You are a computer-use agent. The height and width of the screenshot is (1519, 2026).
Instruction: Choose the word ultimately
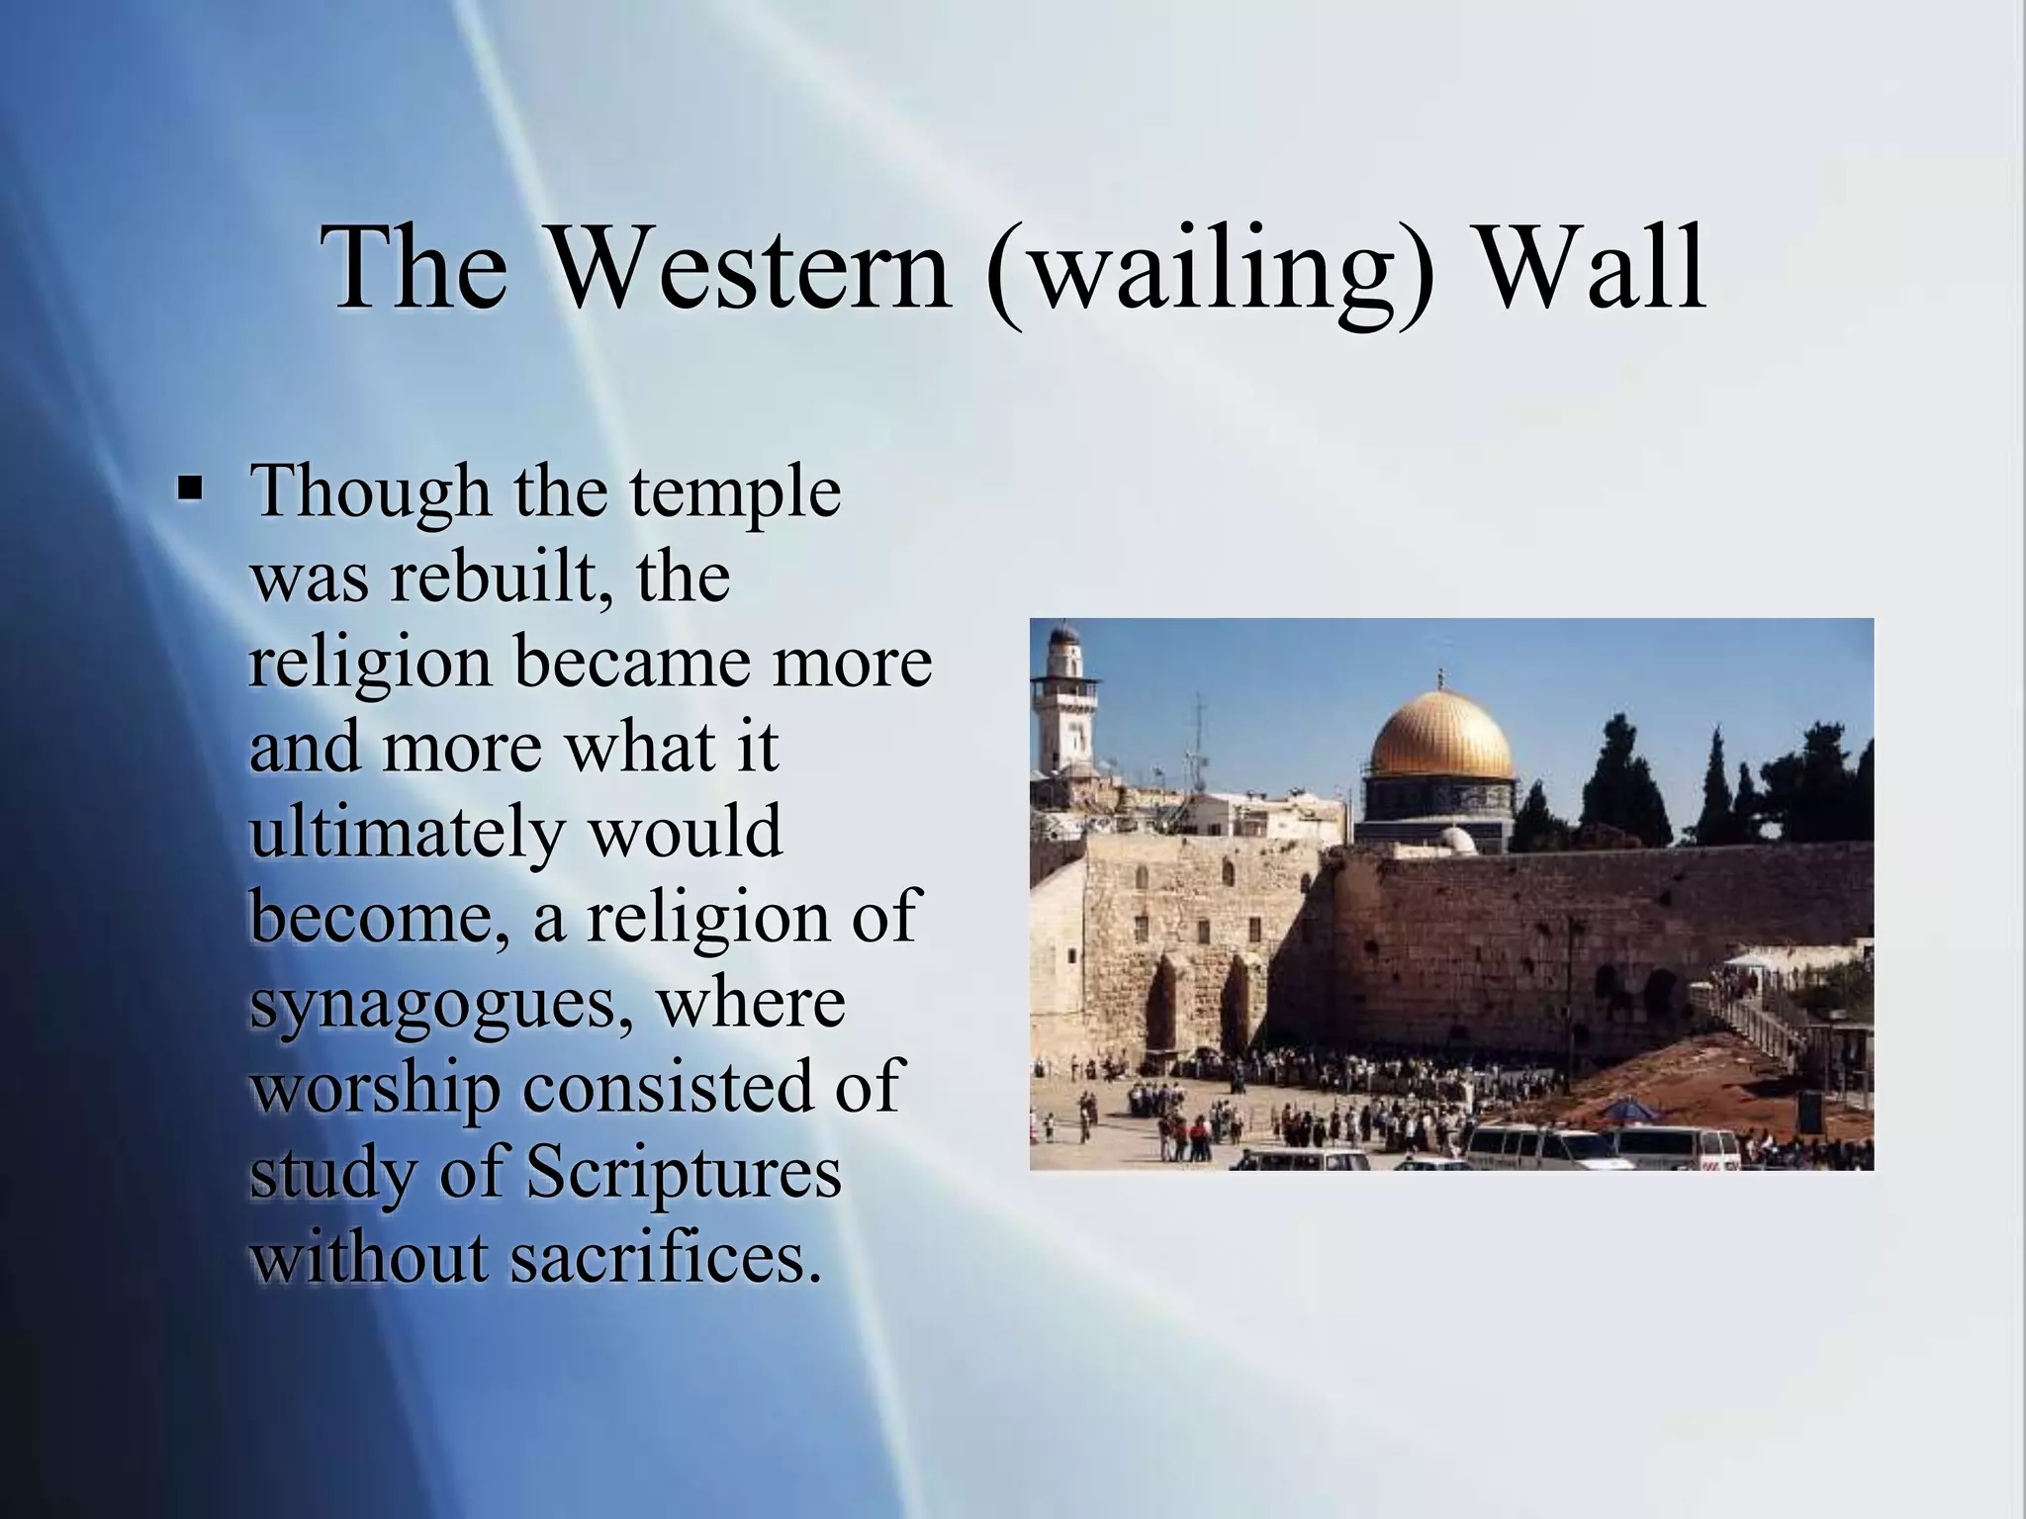click(x=405, y=833)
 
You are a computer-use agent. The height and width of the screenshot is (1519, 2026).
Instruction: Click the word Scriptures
click(x=683, y=1172)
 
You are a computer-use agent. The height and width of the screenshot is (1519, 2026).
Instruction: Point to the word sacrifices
click(x=665, y=1258)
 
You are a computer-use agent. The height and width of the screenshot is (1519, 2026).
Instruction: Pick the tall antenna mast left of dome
click(x=1199, y=737)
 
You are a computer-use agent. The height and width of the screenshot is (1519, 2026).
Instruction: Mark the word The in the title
click(x=420, y=269)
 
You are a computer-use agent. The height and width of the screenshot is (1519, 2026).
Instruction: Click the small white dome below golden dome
click(x=1455, y=841)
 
